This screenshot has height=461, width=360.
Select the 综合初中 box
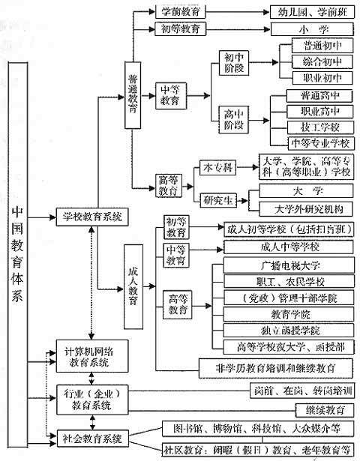(x=316, y=61)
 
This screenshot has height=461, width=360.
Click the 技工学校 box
(x=318, y=127)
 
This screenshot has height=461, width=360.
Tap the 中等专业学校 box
(x=318, y=142)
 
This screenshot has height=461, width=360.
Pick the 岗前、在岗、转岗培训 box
(x=299, y=391)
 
